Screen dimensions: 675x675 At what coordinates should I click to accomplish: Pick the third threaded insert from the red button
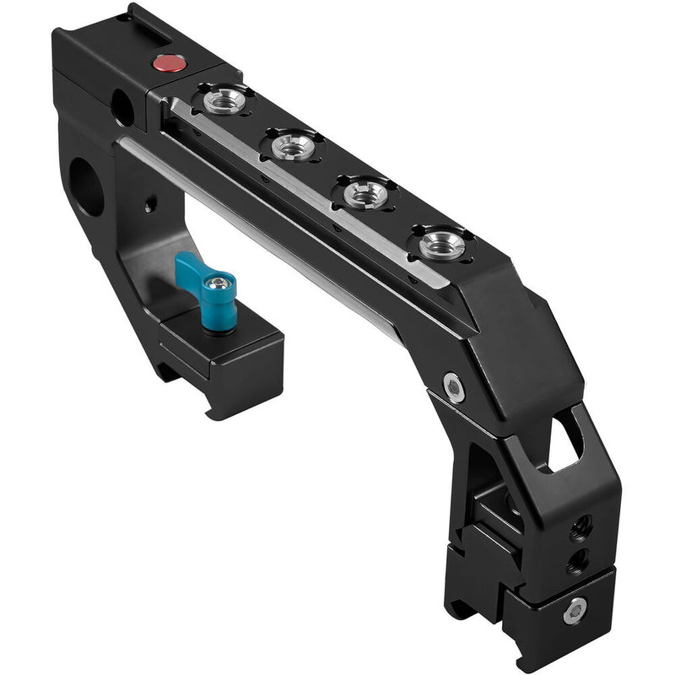[367, 192]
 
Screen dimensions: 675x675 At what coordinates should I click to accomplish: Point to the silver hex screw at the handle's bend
[455, 386]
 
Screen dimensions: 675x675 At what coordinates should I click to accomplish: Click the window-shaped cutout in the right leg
[565, 439]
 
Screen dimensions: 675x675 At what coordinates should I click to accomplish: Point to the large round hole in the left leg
[86, 186]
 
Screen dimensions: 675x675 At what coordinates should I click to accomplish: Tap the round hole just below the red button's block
[122, 108]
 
